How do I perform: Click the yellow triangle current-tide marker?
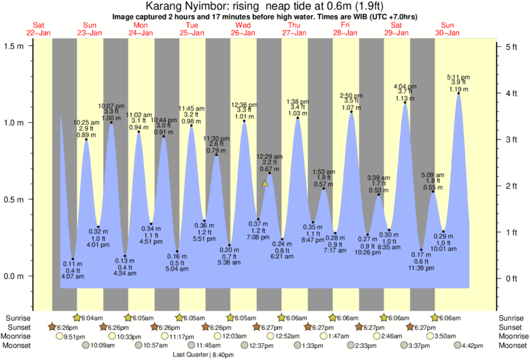(x=265, y=183)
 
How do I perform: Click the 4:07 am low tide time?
(x=73, y=276)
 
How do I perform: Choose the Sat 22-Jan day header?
(x=38, y=29)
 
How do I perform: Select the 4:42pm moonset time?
(x=471, y=346)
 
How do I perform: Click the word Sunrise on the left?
(x=18, y=318)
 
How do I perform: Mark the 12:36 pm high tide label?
(x=244, y=105)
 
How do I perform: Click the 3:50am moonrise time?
(x=445, y=337)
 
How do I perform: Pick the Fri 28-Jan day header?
(x=345, y=29)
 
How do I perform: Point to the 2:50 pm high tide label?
(x=351, y=95)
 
